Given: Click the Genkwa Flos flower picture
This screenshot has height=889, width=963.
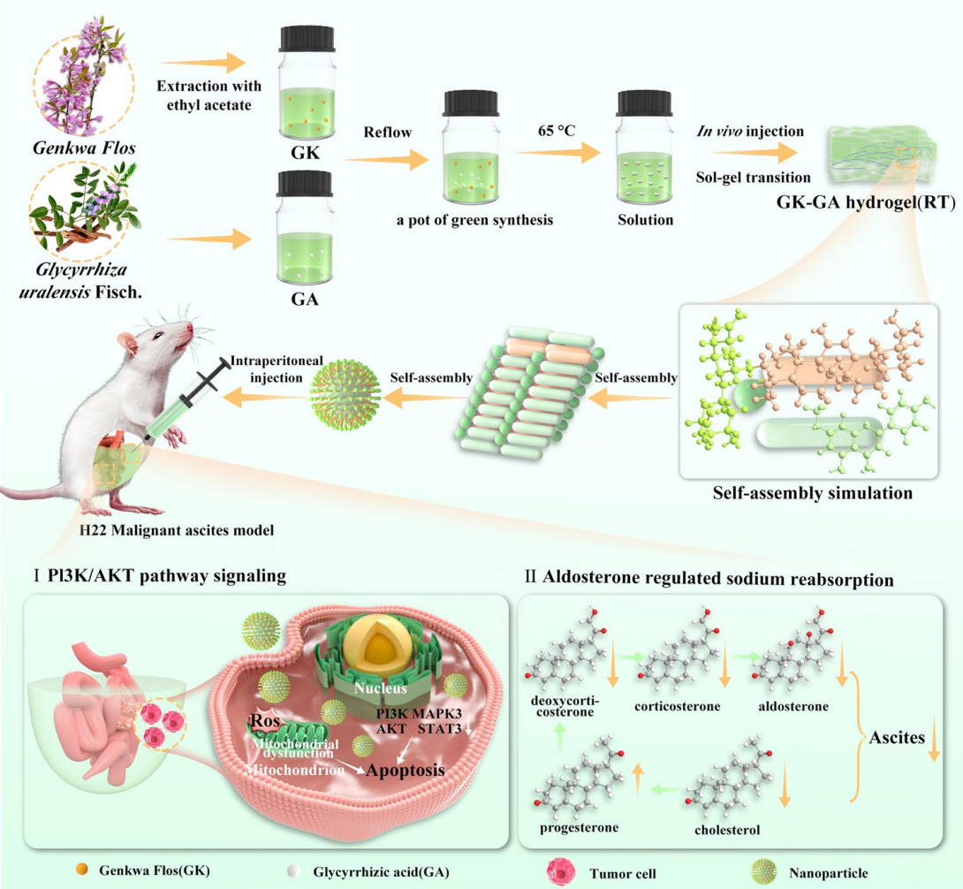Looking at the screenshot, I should [83, 78].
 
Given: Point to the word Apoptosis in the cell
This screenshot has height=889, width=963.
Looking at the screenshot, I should [406, 769].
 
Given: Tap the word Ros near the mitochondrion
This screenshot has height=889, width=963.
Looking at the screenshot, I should [265, 720].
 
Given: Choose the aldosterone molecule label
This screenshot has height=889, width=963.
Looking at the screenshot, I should [793, 707].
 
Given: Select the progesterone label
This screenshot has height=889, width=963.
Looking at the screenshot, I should [578, 828].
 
